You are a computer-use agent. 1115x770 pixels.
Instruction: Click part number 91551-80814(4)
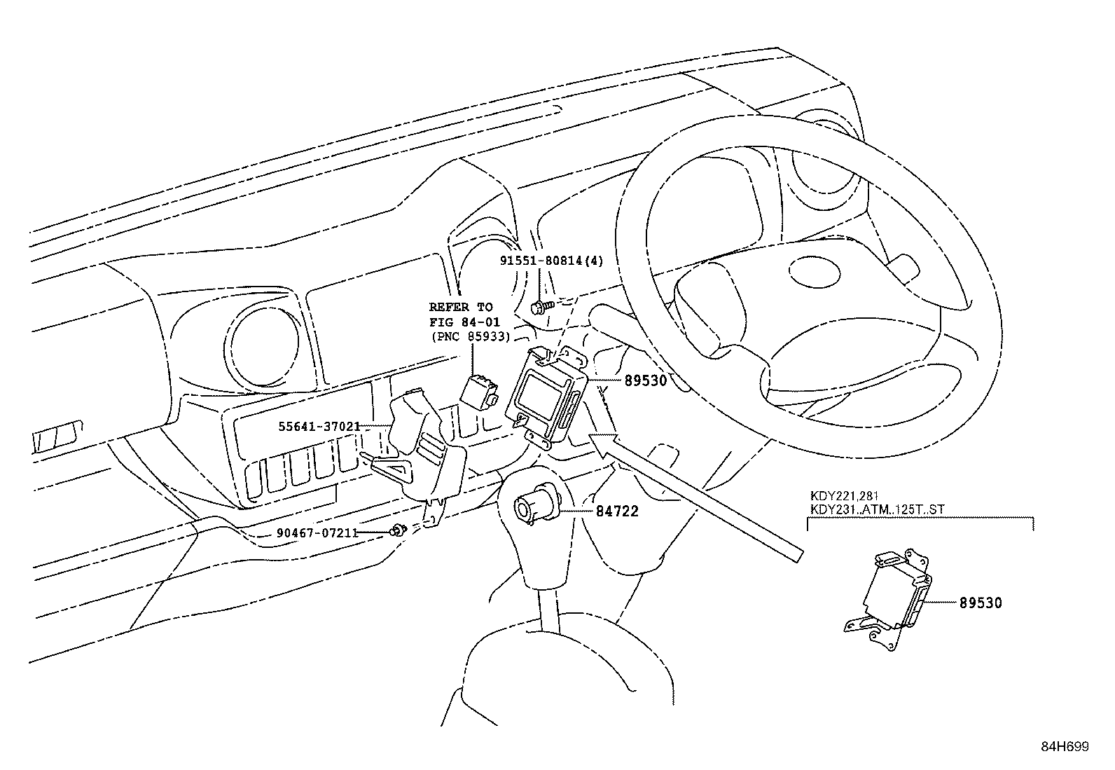(551, 261)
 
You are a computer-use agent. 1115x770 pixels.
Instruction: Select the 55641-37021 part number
(319, 426)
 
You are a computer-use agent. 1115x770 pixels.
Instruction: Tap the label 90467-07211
(317, 532)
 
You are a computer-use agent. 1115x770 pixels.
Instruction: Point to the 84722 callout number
(617, 511)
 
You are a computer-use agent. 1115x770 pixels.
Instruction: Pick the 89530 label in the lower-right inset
(980, 603)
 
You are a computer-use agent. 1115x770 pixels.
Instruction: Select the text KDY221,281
(839, 497)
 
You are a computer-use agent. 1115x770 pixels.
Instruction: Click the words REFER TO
(461, 307)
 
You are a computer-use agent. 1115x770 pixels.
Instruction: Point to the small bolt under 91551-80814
(541, 305)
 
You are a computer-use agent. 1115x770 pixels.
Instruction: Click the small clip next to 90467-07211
(399, 530)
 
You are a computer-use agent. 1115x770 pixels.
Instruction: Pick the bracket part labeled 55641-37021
(424, 448)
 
